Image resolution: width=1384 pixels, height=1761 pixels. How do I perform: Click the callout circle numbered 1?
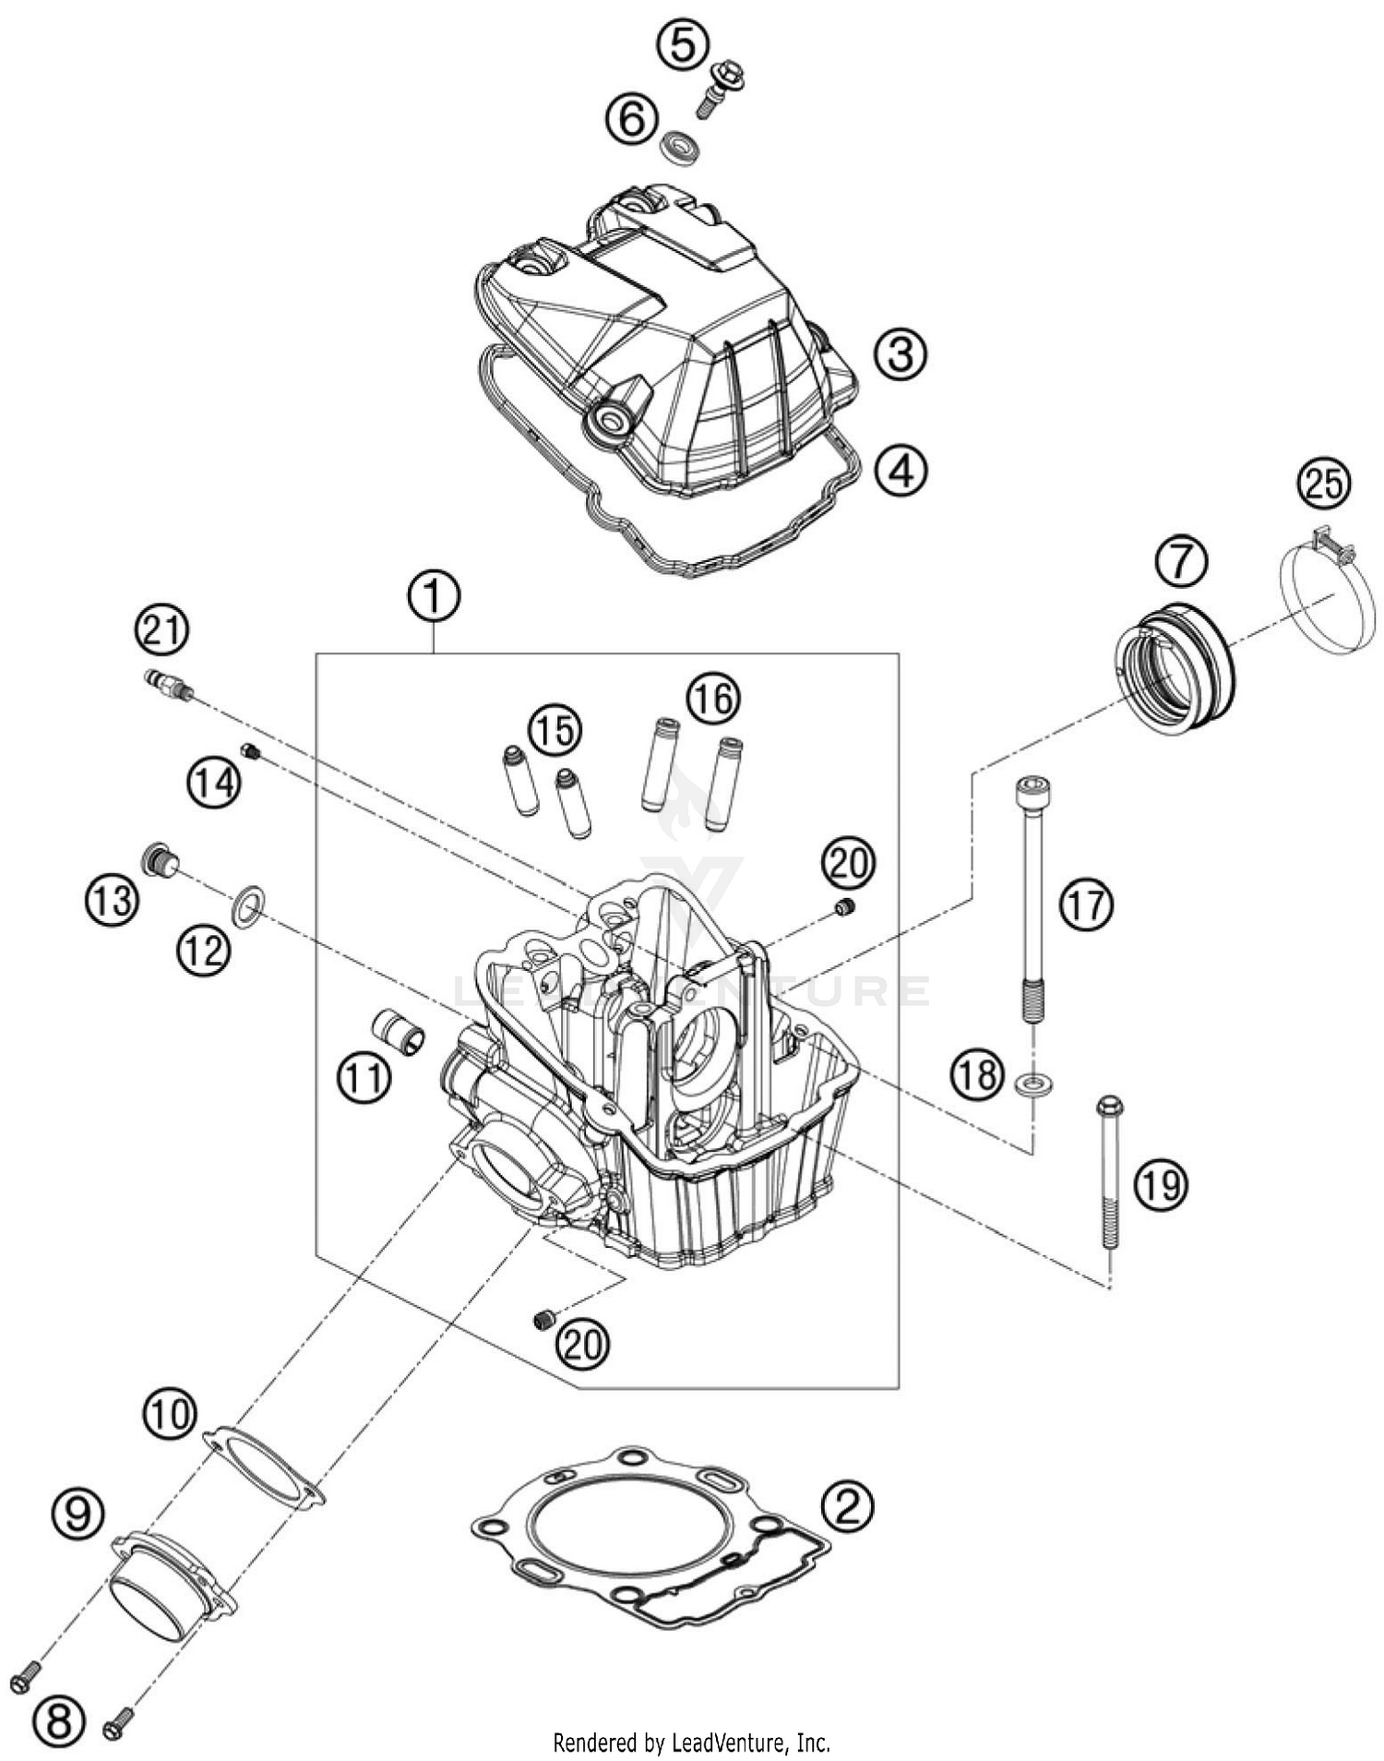[x=434, y=597]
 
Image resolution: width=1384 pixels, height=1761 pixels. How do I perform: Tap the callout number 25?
[x=1324, y=484]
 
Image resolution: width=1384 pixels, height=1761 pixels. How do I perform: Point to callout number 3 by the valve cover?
[x=900, y=353]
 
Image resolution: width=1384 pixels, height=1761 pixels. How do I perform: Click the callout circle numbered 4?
[x=901, y=470]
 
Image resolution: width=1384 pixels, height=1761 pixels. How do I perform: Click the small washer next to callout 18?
[x=1036, y=1083]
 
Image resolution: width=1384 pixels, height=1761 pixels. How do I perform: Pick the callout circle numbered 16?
[x=713, y=699]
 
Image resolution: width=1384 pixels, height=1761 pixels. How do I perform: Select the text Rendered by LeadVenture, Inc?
[x=691, y=1743]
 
